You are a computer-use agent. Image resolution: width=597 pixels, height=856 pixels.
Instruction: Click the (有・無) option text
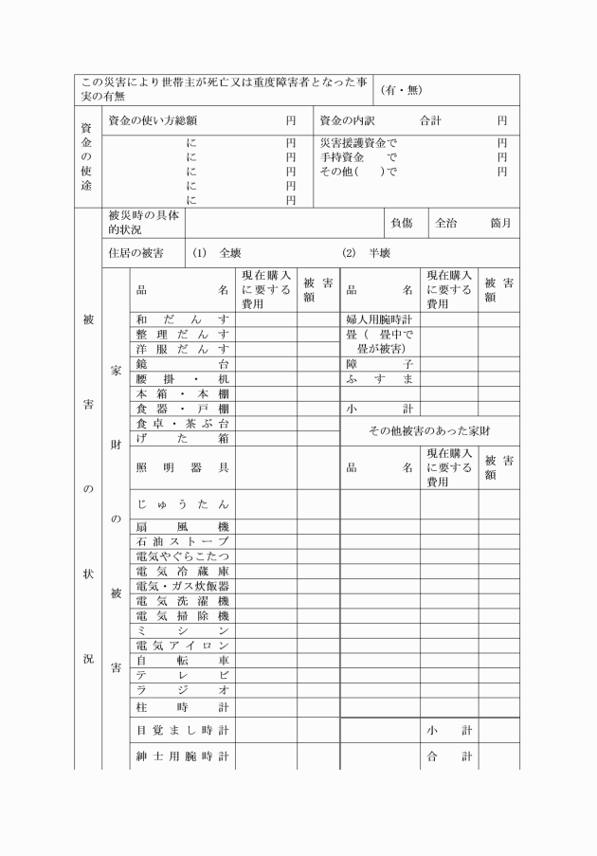point(401,90)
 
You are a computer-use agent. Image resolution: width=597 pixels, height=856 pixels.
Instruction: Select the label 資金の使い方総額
point(153,121)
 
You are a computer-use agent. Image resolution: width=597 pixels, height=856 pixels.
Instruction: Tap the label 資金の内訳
point(348,121)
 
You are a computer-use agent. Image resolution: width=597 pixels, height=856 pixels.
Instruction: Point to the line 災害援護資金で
point(358,142)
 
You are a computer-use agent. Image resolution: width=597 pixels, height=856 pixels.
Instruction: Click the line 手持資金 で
point(358,156)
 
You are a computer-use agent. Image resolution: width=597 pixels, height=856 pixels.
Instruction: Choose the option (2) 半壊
point(366,253)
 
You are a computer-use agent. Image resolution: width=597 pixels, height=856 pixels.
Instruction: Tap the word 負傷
point(401,224)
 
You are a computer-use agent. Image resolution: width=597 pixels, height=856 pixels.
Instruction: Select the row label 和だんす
point(183,319)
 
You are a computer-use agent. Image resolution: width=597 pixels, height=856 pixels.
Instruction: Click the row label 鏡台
point(183,363)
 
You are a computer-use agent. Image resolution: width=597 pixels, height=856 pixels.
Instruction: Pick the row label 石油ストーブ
point(183,541)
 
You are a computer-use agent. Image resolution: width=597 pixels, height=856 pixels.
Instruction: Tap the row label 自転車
point(183,660)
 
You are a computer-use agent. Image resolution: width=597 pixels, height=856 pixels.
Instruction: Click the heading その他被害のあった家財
point(429,430)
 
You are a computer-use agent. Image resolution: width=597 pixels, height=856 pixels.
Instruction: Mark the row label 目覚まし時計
point(183,730)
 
